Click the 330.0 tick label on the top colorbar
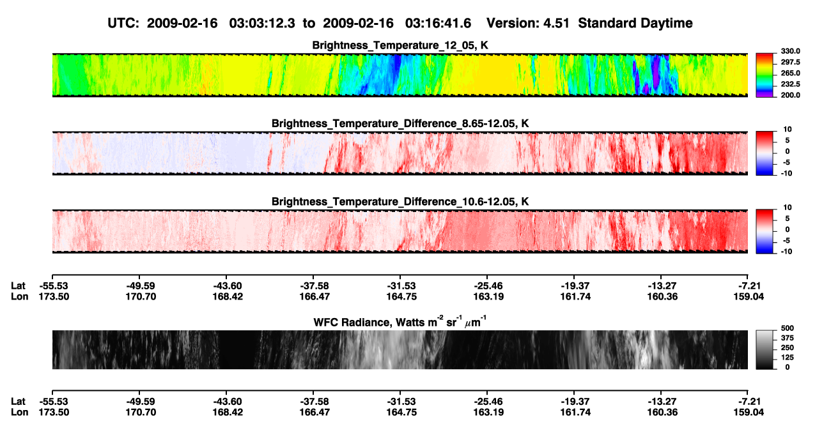tap(790, 51)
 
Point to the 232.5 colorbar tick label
tap(790, 84)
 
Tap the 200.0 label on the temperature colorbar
tap(790, 95)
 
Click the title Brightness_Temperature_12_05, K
tap(400, 45)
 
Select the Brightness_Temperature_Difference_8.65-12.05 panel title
tap(400, 123)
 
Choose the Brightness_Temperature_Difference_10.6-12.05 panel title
tap(400, 202)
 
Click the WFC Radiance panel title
tap(400, 321)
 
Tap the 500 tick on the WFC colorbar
tap(788, 328)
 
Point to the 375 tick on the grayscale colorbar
tap(788, 338)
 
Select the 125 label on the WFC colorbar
tap(788, 358)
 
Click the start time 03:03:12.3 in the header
tap(262, 23)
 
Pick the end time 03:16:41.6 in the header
tap(438, 23)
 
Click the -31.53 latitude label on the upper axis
tap(401, 286)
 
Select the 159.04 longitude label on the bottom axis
tap(749, 413)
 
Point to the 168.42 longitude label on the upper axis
tap(228, 297)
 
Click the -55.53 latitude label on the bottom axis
tap(54, 402)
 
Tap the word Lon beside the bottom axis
tap(19, 413)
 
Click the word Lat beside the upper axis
tap(18, 286)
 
